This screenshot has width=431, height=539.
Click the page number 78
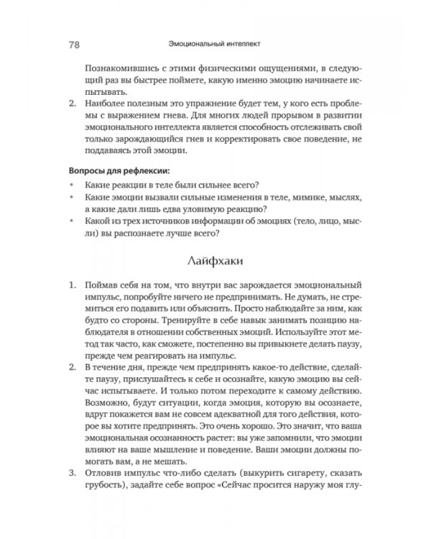[x=73, y=42]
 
